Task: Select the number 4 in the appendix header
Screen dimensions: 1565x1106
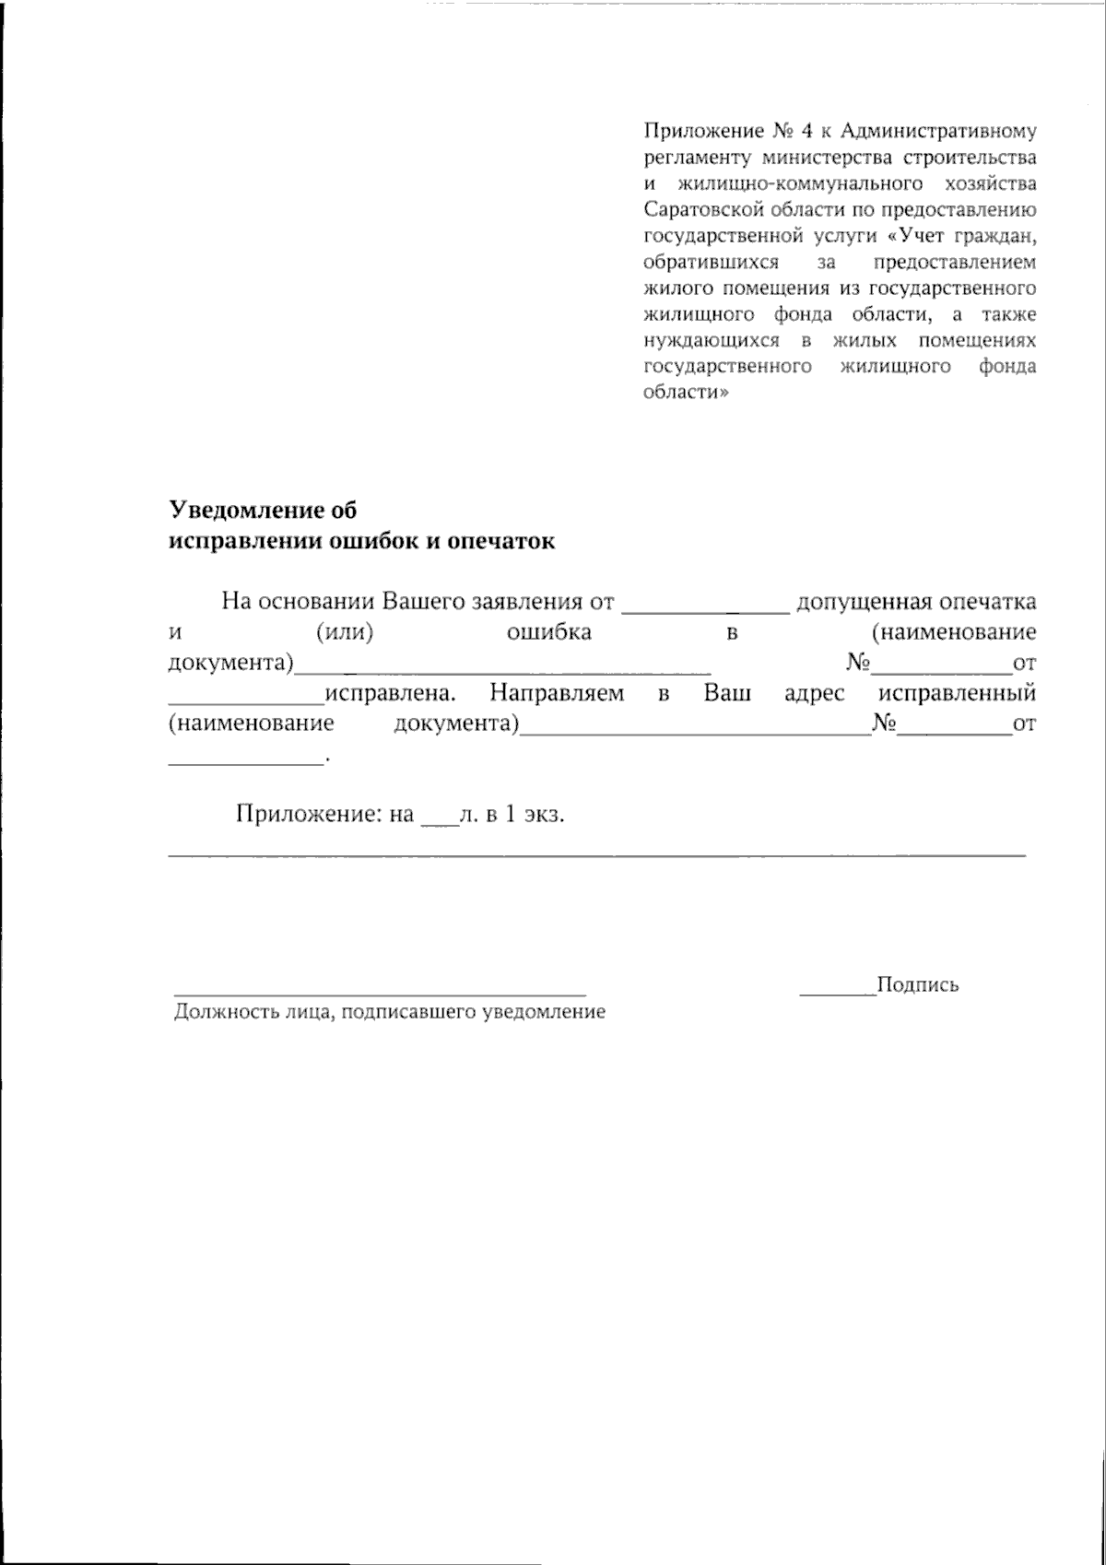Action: pyautogui.click(x=805, y=130)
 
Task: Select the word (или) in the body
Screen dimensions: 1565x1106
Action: pyautogui.click(x=344, y=632)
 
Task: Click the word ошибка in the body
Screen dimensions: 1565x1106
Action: pyautogui.click(x=548, y=632)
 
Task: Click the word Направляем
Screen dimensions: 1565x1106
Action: pyautogui.click(x=557, y=692)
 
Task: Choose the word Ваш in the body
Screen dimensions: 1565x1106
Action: pyautogui.click(x=727, y=692)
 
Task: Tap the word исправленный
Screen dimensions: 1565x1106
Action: pyautogui.click(x=958, y=692)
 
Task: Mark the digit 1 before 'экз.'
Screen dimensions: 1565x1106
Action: pyautogui.click(x=510, y=815)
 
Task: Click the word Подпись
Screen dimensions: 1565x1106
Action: pyautogui.click(x=917, y=984)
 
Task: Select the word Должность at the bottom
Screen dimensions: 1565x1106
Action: pyautogui.click(x=218, y=1012)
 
